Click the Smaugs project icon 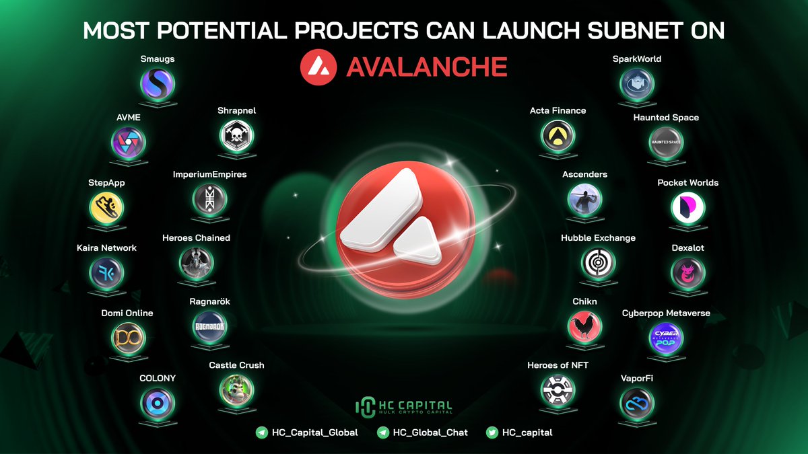tap(157, 84)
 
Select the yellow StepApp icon tap(106, 208)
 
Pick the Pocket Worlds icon tap(687, 208)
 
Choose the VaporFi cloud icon tap(636, 403)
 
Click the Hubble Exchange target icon tap(598, 263)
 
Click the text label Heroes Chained tap(196, 238)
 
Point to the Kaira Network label tap(106, 248)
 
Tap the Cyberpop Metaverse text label tap(666, 313)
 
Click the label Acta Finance tap(558, 111)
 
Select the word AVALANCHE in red tap(426, 67)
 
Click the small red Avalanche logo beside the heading tap(317, 67)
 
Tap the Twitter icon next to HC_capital tap(492, 432)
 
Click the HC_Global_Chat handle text tap(430, 432)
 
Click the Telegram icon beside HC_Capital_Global tap(262, 432)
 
